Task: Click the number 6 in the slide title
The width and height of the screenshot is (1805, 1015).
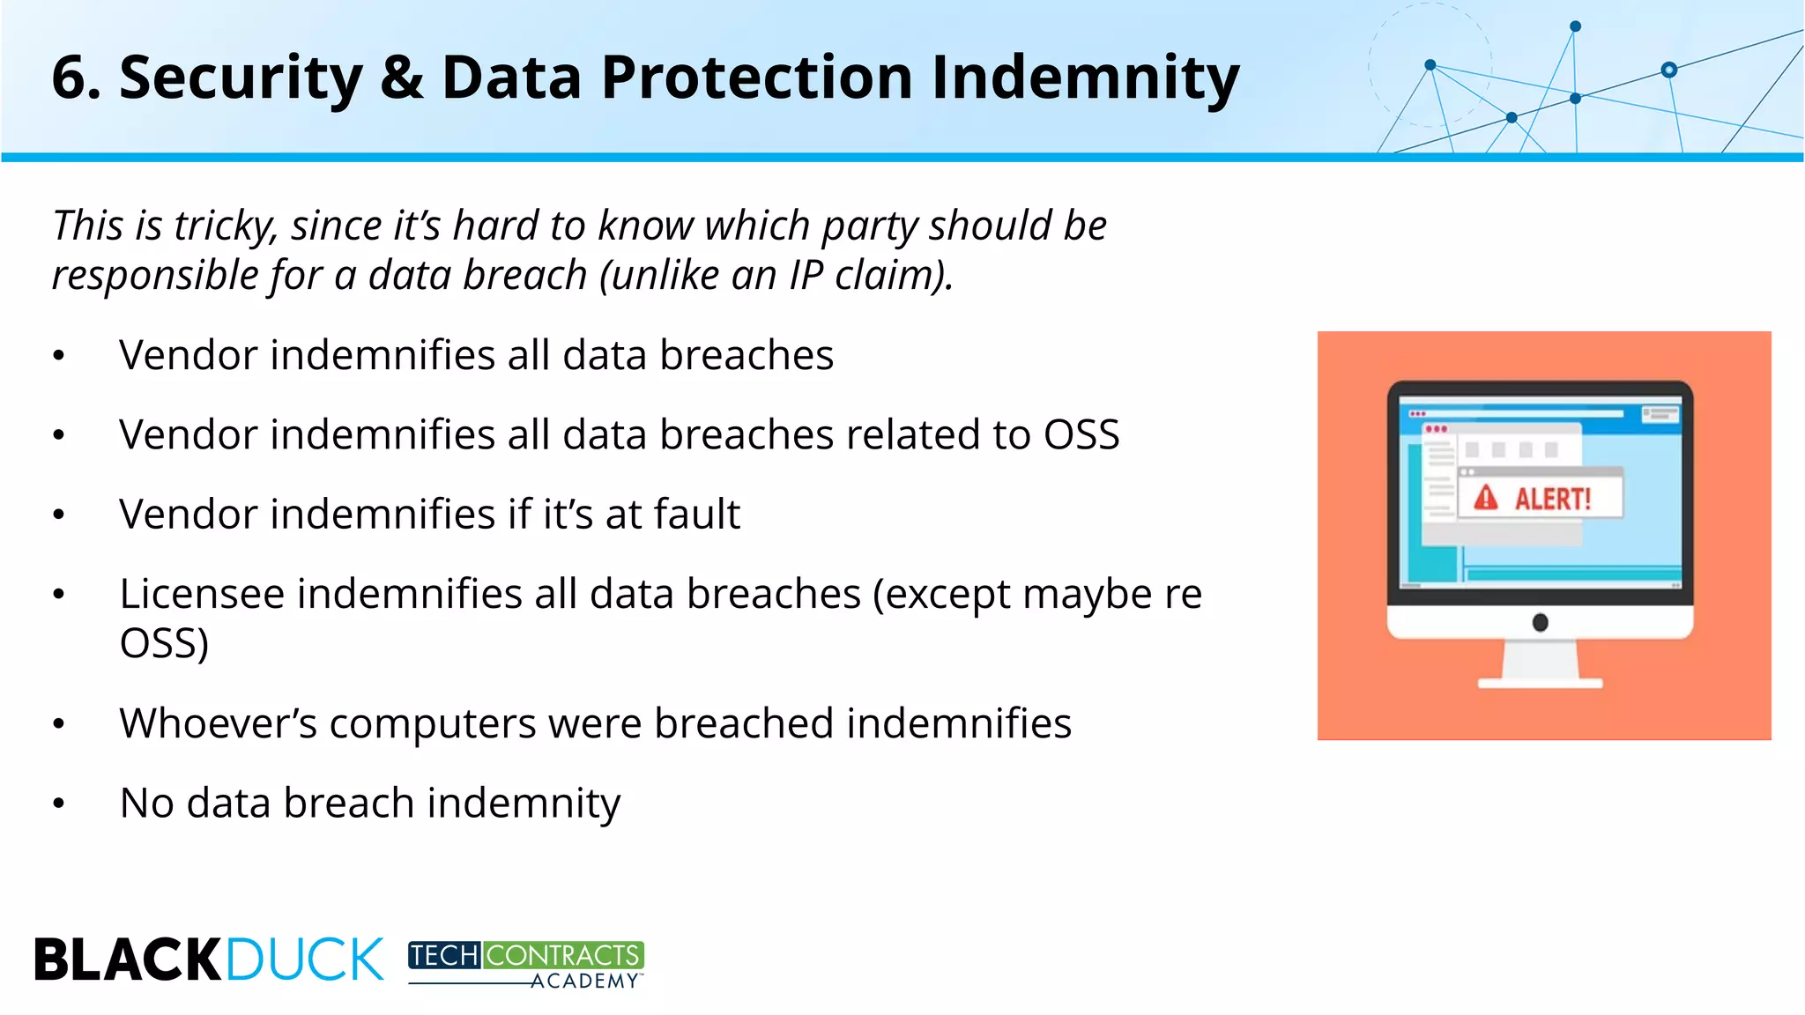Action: [70, 78]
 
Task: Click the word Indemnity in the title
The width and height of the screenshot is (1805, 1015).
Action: [1085, 78]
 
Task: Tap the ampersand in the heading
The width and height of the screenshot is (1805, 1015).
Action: [402, 78]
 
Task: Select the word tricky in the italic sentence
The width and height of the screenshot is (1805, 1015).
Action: [225, 226]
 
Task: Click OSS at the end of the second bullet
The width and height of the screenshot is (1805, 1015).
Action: [1081, 434]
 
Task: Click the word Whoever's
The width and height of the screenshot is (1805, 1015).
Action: [218, 723]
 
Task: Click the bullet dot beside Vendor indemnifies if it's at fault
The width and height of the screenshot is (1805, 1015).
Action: [59, 515]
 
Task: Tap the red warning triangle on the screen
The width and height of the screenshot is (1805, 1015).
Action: [1486, 498]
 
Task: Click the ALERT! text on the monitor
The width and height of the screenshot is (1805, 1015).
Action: [1552, 500]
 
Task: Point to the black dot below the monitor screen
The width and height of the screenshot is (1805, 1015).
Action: [1540, 623]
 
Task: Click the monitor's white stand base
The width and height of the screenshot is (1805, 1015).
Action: [1540, 683]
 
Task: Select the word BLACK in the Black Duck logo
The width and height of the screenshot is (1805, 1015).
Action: [128, 959]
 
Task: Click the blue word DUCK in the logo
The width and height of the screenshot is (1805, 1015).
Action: [305, 959]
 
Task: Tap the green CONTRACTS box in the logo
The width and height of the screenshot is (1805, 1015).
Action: [562, 955]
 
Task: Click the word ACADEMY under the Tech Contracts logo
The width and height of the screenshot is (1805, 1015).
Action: [583, 982]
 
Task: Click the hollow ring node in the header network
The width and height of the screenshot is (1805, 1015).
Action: [1668, 70]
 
